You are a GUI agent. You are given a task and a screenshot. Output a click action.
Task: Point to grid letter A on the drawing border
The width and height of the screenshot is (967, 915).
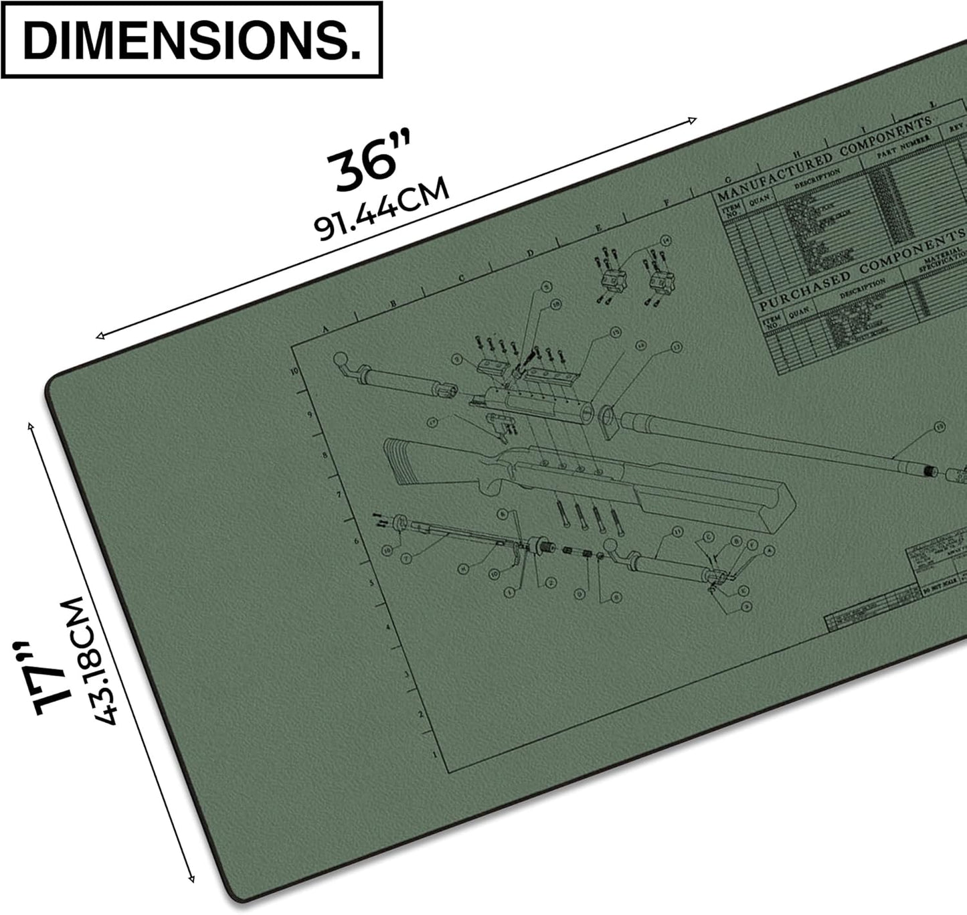(x=327, y=329)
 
